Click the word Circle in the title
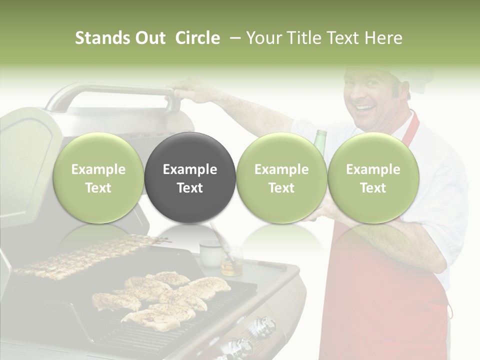[x=197, y=38]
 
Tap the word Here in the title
[x=384, y=38]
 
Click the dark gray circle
[x=190, y=178]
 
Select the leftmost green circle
[x=98, y=178]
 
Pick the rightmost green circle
[x=373, y=178]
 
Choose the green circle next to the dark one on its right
[x=281, y=178]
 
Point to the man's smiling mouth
[x=365, y=107]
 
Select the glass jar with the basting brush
[x=231, y=262]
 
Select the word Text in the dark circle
[x=190, y=188]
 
